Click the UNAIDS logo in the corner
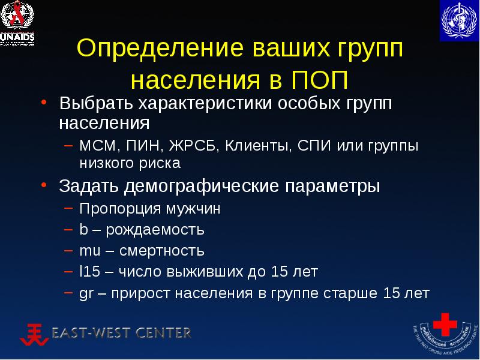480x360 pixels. click(18, 22)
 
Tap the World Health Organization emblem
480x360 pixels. click(459, 21)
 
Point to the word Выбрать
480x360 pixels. click(97, 104)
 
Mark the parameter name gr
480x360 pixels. click(86, 293)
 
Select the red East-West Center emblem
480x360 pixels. click(36, 334)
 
